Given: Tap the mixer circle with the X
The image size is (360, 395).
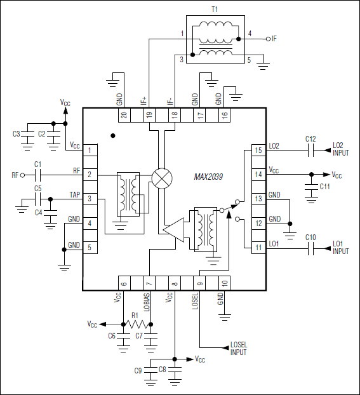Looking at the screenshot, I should click(x=163, y=178).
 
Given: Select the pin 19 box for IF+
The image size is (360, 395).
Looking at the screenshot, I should click(x=149, y=115).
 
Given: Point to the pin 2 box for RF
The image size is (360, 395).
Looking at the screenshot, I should click(x=91, y=175).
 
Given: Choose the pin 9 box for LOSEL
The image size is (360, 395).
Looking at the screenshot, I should click(x=199, y=285).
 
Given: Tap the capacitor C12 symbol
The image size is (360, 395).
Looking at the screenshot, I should click(x=310, y=151).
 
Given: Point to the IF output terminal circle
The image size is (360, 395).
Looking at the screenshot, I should click(x=267, y=39).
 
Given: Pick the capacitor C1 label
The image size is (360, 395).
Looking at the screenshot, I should click(x=37, y=164).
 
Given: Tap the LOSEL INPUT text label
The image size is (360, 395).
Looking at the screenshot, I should click(x=239, y=349).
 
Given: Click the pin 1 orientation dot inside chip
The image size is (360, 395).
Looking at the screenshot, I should click(x=113, y=135).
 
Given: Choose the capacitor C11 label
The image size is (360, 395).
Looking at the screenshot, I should click(x=324, y=187).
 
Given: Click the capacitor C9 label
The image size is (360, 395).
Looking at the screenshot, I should click(x=138, y=370).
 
